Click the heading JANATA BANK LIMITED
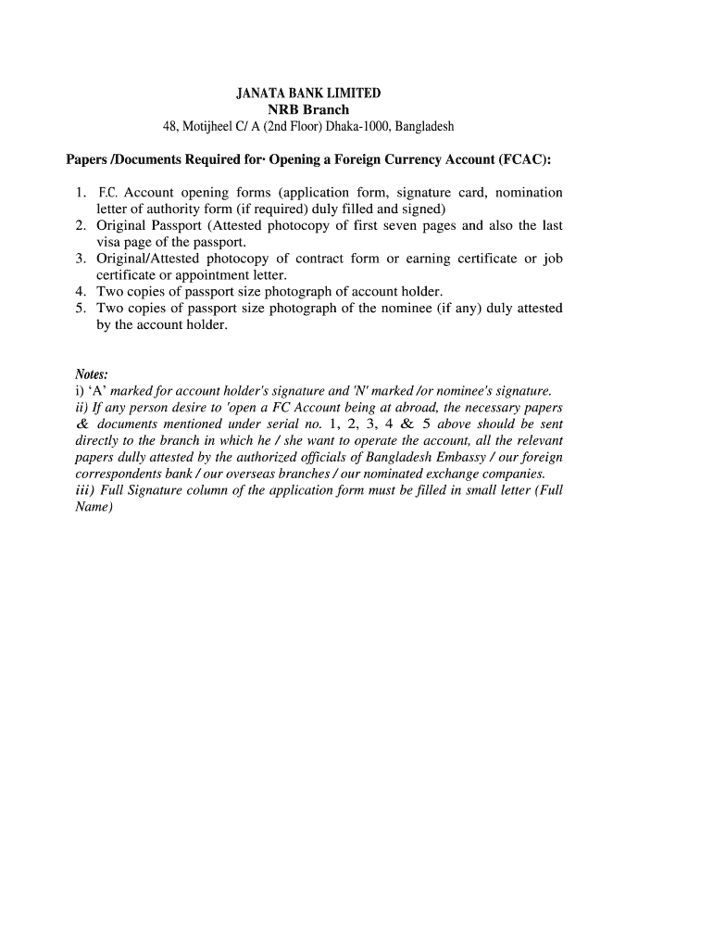(308, 94)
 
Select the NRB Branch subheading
(308, 109)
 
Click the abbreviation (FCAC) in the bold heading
(525, 159)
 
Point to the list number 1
(81, 193)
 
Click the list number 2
(81, 225)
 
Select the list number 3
(81, 259)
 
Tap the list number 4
(81, 291)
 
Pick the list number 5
(81, 308)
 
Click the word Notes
(91, 374)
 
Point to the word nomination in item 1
(529, 193)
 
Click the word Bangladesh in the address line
(424, 126)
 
